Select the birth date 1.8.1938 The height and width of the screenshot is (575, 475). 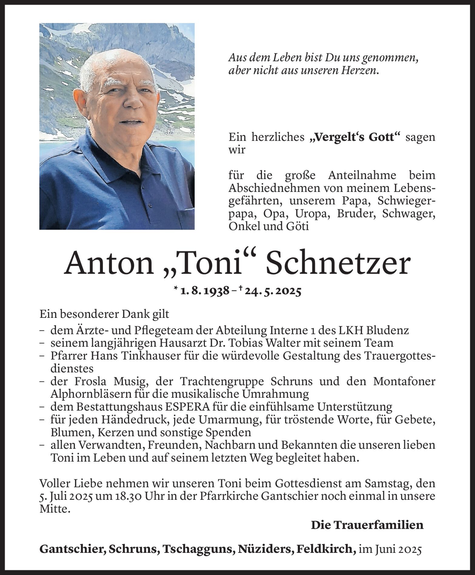(x=205, y=291)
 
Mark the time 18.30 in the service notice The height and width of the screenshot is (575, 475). (x=131, y=496)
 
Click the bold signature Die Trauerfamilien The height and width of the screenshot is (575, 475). (x=367, y=525)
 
